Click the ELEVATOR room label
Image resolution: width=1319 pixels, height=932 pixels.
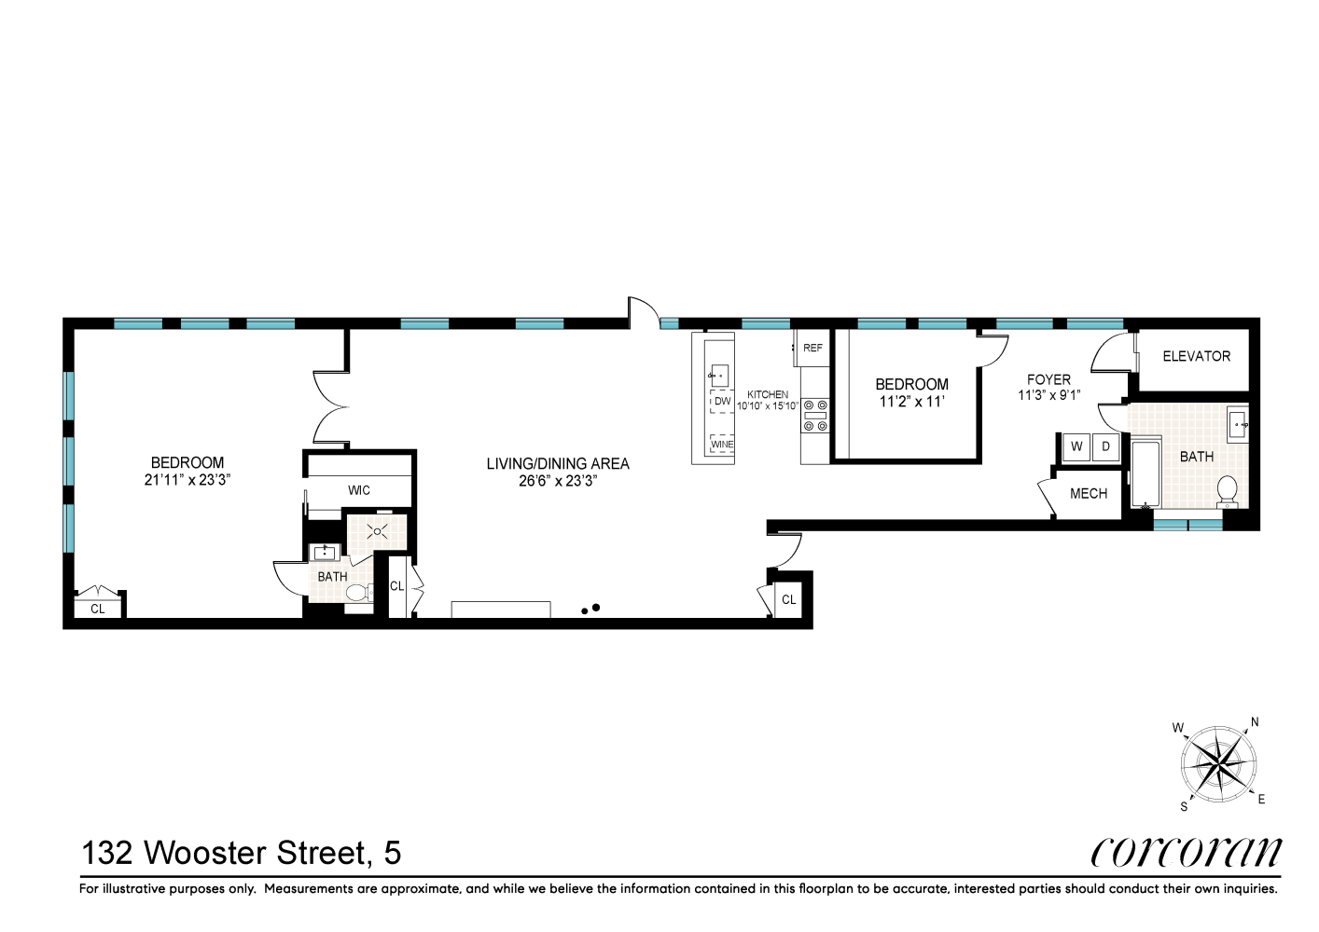1196,356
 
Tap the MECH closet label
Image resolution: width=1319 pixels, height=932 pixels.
1088,494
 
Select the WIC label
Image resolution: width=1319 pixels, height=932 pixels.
359,490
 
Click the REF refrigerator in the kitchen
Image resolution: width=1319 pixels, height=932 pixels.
812,348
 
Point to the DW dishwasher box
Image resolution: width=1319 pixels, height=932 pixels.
722,402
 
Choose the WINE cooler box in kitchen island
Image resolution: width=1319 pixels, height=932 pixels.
722,445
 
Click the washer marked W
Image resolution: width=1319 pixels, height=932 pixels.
1076,446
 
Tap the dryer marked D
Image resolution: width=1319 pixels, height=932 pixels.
1106,446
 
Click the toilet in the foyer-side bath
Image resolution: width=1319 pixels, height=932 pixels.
1228,491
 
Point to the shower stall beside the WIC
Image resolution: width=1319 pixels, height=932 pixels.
378,532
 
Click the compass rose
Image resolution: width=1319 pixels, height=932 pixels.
1218,764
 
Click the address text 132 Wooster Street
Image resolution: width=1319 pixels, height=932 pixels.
242,853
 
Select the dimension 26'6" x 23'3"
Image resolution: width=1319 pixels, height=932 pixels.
558,481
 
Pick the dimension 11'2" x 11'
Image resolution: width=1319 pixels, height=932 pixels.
911,402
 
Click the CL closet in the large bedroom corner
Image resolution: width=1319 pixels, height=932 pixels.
98,608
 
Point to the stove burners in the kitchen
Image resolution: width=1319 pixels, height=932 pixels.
814,415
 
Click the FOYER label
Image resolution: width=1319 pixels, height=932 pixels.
1048,379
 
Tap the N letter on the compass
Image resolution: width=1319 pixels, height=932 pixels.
1255,722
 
